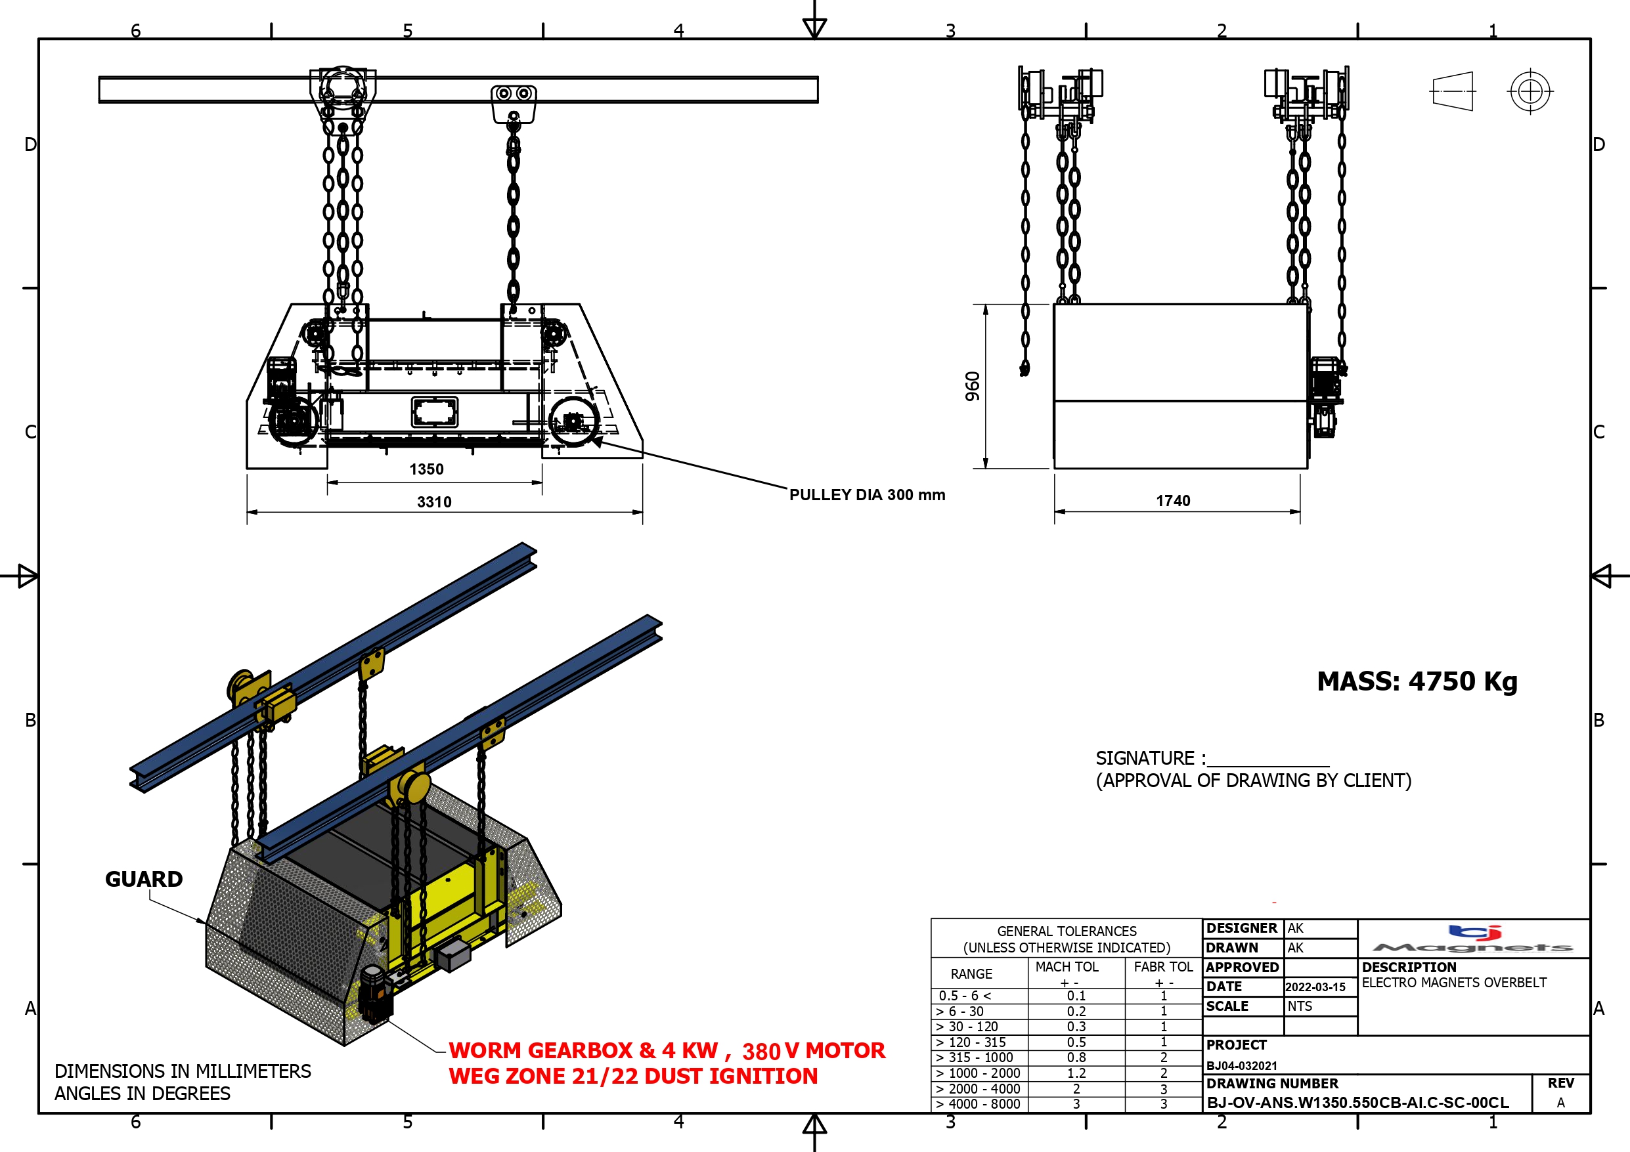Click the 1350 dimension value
(x=426, y=469)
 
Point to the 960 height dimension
(x=973, y=386)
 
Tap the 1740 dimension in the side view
(x=1173, y=500)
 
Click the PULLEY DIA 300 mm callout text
(x=867, y=495)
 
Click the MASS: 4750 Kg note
(x=1417, y=681)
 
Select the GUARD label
(x=144, y=879)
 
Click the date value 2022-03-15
(x=1315, y=987)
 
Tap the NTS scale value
(x=1300, y=1006)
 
